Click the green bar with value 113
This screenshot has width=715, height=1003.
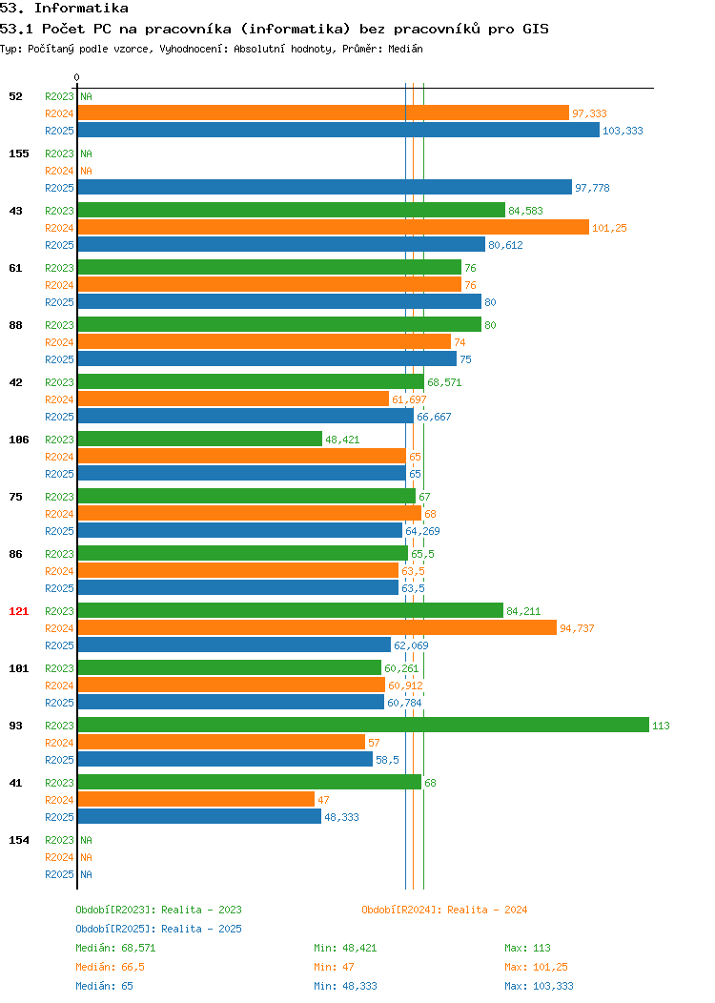point(363,725)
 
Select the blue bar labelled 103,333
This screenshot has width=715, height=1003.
point(339,130)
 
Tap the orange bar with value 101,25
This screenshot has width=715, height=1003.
point(334,227)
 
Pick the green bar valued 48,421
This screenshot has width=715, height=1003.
point(200,439)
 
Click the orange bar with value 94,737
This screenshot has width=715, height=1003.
point(317,627)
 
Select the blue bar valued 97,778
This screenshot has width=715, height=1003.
point(325,187)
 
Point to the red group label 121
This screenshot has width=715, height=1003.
point(18,611)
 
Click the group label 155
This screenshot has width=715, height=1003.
point(18,154)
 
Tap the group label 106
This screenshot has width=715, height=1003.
point(18,440)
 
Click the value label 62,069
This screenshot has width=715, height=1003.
point(411,645)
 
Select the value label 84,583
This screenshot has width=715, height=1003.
point(525,211)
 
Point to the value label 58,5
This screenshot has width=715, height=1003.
point(388,760)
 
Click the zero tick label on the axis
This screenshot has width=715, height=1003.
point(77,77)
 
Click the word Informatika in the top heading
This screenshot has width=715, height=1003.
point(81,9)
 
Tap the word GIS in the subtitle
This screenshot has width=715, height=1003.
point(536,29)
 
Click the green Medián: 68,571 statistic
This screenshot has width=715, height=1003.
point(115,948)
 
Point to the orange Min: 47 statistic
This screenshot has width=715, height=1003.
point(334,967)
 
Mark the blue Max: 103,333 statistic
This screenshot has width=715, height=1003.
point(540,987)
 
